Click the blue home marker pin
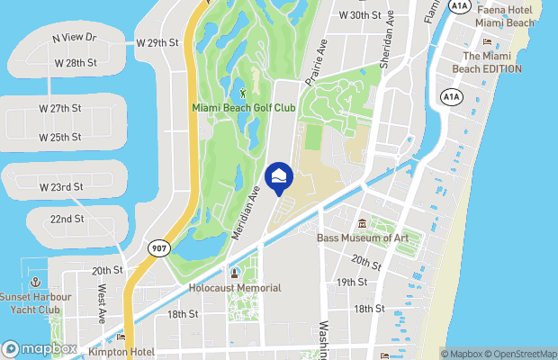pos(279,177)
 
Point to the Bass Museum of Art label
pos(363,238)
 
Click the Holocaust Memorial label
pos(235,288)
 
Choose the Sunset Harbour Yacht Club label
pos(37,304)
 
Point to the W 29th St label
pos(158,42)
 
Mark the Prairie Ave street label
pos(314,64)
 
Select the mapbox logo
pos(40,348)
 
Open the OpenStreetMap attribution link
pos(523,353)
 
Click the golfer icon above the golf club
pos(242,91)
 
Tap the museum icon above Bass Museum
pos(362,223)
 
